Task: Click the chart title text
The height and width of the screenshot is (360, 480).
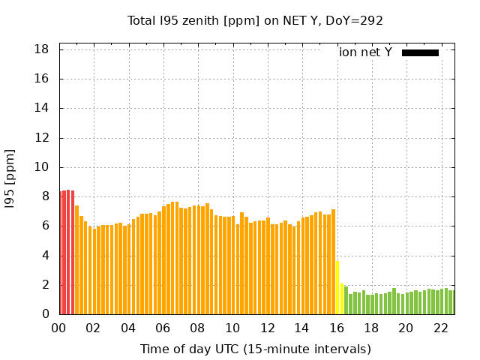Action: click(x=256, y=20)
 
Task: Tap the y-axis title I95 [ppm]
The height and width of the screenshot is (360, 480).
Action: click(x=10, y=179)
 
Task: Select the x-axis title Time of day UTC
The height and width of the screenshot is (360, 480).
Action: click(x=256, y=349)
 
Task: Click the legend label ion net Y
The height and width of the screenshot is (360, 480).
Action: click(x=365, y=52)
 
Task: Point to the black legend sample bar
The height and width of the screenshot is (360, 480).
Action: click(x=420, y=52)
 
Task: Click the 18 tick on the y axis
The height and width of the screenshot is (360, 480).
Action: click(x=42, y=49)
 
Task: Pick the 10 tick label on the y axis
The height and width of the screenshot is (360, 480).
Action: click(x=42, y=167)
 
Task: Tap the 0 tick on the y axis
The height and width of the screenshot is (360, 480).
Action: click(x=46, y=315)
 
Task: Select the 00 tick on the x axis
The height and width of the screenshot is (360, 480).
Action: click(x=59, y=328)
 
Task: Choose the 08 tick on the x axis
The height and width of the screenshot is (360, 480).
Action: click(x=198, y=328)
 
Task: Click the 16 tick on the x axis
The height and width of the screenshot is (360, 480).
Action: click(x=337, y=328)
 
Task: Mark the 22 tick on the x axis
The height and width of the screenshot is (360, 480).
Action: click(x=441, y=328)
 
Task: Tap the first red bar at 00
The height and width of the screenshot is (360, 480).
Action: click(x=61, y=253)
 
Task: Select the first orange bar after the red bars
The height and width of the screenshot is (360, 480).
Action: click(x=76, y=259)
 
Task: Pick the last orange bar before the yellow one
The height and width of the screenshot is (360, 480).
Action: click(x=333, y=262)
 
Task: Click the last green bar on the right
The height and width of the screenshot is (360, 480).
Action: click(x=451, y=302)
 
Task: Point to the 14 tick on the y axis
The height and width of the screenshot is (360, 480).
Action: click(x=42, y=108)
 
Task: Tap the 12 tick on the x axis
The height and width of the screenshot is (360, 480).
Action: click(x=268, y=328)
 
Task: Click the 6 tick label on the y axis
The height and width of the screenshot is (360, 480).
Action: click(x=46, y=226)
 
